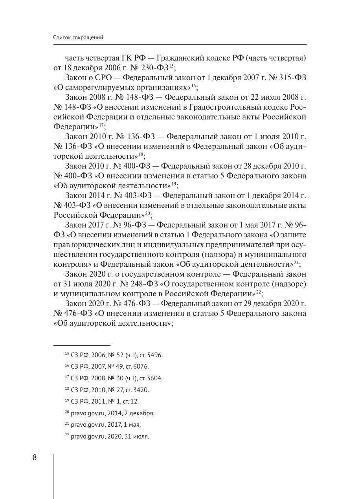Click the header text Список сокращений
(x=78, y=38)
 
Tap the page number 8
(x=35, y=458)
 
